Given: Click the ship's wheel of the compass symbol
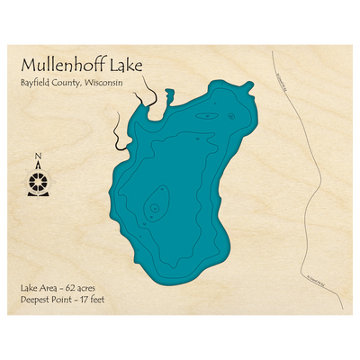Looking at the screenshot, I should point(38,183).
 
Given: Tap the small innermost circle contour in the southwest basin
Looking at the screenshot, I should point(154,208).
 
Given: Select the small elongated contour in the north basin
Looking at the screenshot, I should point(209,116).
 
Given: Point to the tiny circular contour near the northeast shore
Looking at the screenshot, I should point(230,115).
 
